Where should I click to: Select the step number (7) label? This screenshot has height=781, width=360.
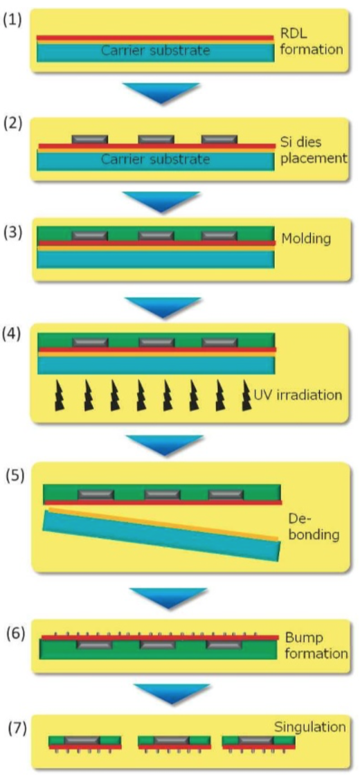point(17,728)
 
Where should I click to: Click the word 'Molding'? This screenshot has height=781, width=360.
point(306,239)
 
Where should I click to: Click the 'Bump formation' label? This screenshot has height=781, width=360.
point(316,645)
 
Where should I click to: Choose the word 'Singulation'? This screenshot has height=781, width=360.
point(309,727)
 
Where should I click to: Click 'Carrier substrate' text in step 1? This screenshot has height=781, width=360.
point(155,51)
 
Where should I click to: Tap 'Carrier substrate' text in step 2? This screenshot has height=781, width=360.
point(155,159)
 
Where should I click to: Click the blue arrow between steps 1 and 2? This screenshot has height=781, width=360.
point(161,93)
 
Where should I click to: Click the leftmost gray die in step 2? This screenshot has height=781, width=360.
point(89,139)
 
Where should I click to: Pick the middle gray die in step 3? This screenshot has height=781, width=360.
point(156,235)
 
